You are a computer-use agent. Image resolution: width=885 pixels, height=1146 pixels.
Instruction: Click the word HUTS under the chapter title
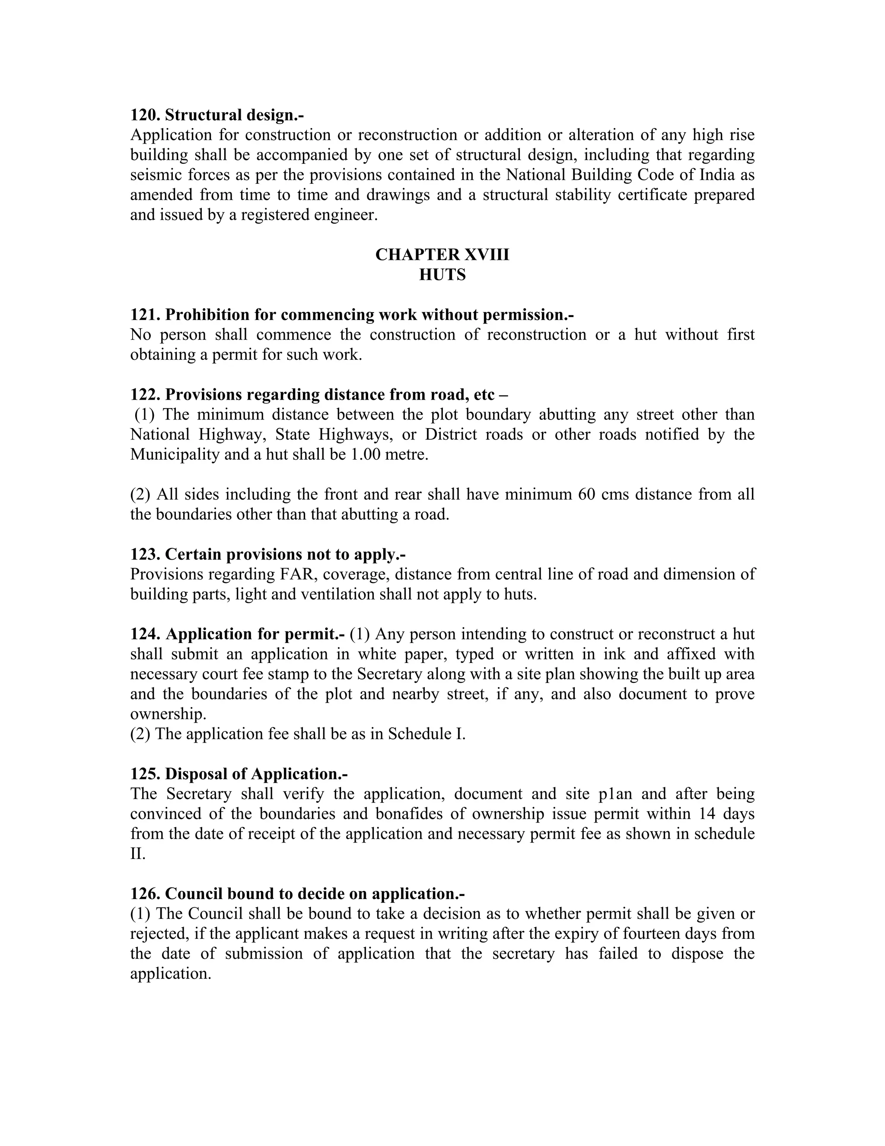(442, 275)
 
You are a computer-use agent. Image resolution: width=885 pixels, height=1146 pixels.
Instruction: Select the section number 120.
(145, 115)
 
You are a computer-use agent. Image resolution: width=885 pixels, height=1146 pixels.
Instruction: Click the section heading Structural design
(234, 115)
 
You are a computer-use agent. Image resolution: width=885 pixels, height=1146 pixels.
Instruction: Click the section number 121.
(145, 315)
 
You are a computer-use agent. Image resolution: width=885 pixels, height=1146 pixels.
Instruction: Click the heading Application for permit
(255, 634)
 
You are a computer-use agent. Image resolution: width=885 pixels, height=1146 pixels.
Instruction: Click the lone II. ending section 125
(137, 854)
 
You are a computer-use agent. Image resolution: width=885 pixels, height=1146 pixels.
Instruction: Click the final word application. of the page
(170, 974)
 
